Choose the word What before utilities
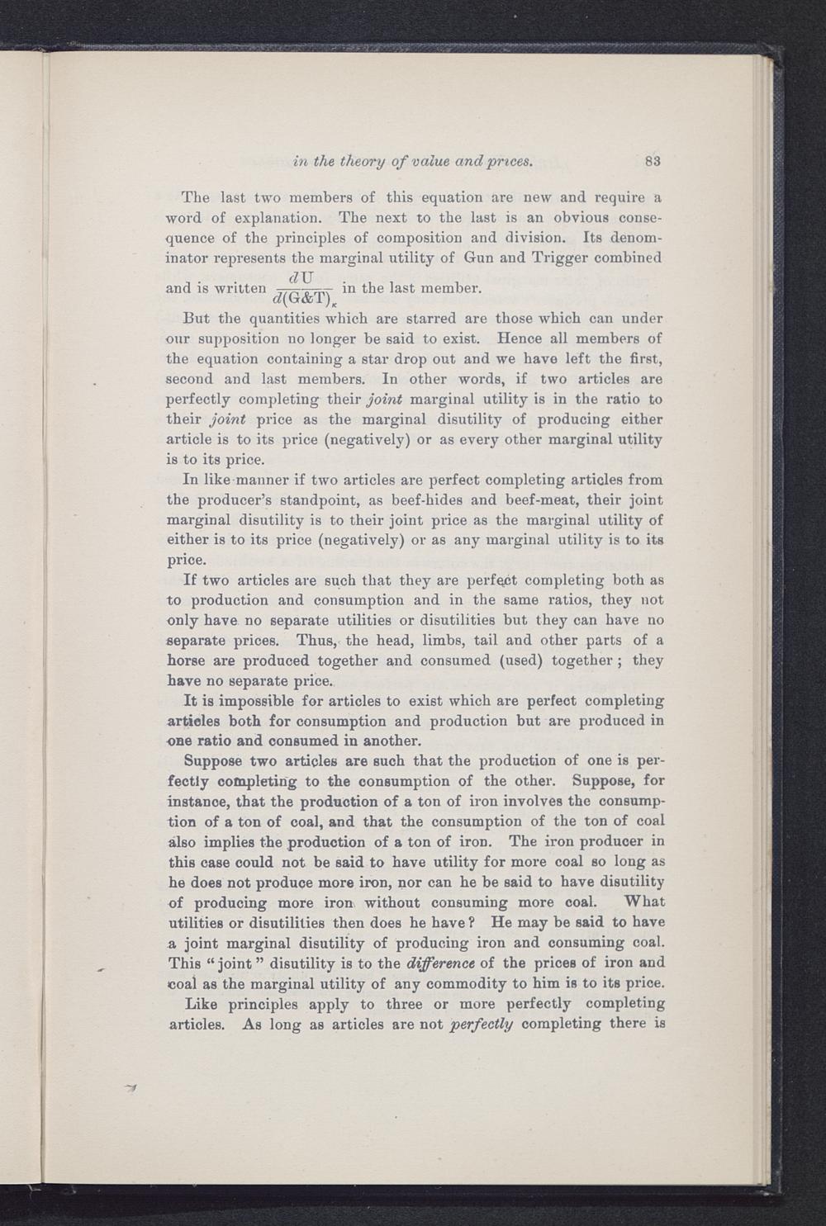click(646, 902)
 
